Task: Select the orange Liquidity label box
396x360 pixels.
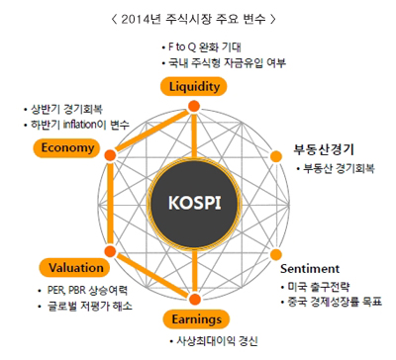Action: point(193,87)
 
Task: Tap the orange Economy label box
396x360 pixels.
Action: point(67,148)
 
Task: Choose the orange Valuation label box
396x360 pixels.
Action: point(70,266)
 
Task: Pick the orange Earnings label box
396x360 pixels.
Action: point(194,318)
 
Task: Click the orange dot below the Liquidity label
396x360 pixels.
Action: point(193,106)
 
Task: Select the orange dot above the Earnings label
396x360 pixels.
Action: point(193,300)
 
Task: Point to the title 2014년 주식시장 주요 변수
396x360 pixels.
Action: point(198,17)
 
